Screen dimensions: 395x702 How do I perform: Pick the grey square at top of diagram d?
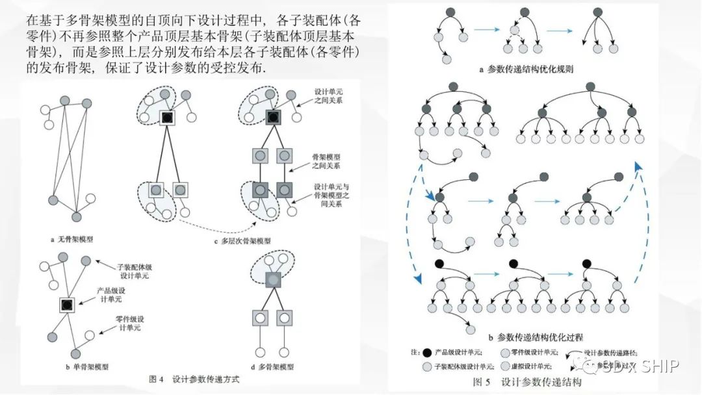pos(275,280)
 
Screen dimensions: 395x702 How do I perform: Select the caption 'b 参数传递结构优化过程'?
pos(536,337)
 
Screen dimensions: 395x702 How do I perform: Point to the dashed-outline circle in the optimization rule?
pos(515,30)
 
